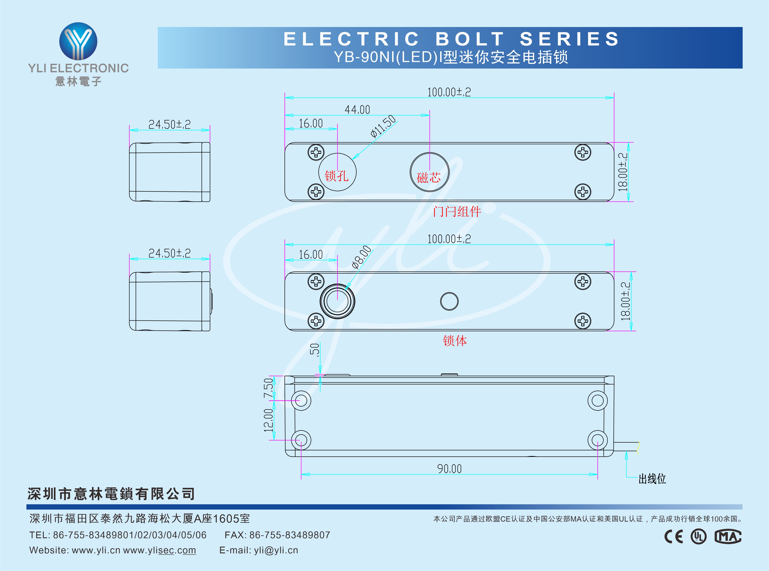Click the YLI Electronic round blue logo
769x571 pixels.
click(x=79, y=41)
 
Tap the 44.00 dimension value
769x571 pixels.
click(x=357, y=110)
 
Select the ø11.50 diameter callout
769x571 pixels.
click(x=383, y=126)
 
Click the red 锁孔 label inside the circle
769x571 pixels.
click(x=336, y=176)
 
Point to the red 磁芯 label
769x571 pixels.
click(x=429, y=178)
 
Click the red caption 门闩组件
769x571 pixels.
click(x=457, y=211)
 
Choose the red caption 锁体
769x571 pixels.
click(x=455, y=341)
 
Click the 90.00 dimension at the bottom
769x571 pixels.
click(x=449, y=469)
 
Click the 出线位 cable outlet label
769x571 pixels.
click(x=652, y=479)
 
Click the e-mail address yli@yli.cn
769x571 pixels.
click(x=276, y=550)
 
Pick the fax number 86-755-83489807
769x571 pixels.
click(x=289, y=535)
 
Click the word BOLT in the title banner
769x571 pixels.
click(x=470, y=39)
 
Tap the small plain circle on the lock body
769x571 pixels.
click(x=449, y=301)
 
